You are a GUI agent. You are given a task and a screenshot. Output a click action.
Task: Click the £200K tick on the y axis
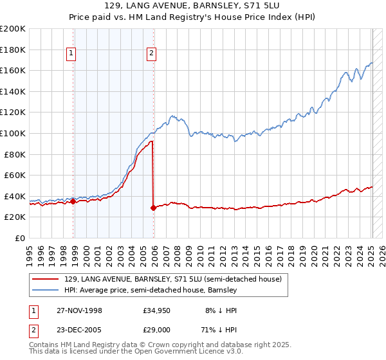pos(13,29)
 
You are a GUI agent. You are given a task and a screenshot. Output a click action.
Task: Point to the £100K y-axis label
pos(13,134)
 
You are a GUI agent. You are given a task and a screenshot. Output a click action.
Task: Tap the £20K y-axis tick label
pos(15,217)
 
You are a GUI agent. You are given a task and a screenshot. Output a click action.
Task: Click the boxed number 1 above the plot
pos(70,53)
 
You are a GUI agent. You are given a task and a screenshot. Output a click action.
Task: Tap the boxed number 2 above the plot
pos(151,53)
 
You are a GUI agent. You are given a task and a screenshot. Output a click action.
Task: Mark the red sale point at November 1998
pos(73,201)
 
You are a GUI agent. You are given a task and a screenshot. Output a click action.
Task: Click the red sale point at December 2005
pos(154,208)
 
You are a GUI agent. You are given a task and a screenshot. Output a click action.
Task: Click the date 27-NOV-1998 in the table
pos(80,310)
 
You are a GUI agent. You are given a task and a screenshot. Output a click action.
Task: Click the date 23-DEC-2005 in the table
pos(80,332)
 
